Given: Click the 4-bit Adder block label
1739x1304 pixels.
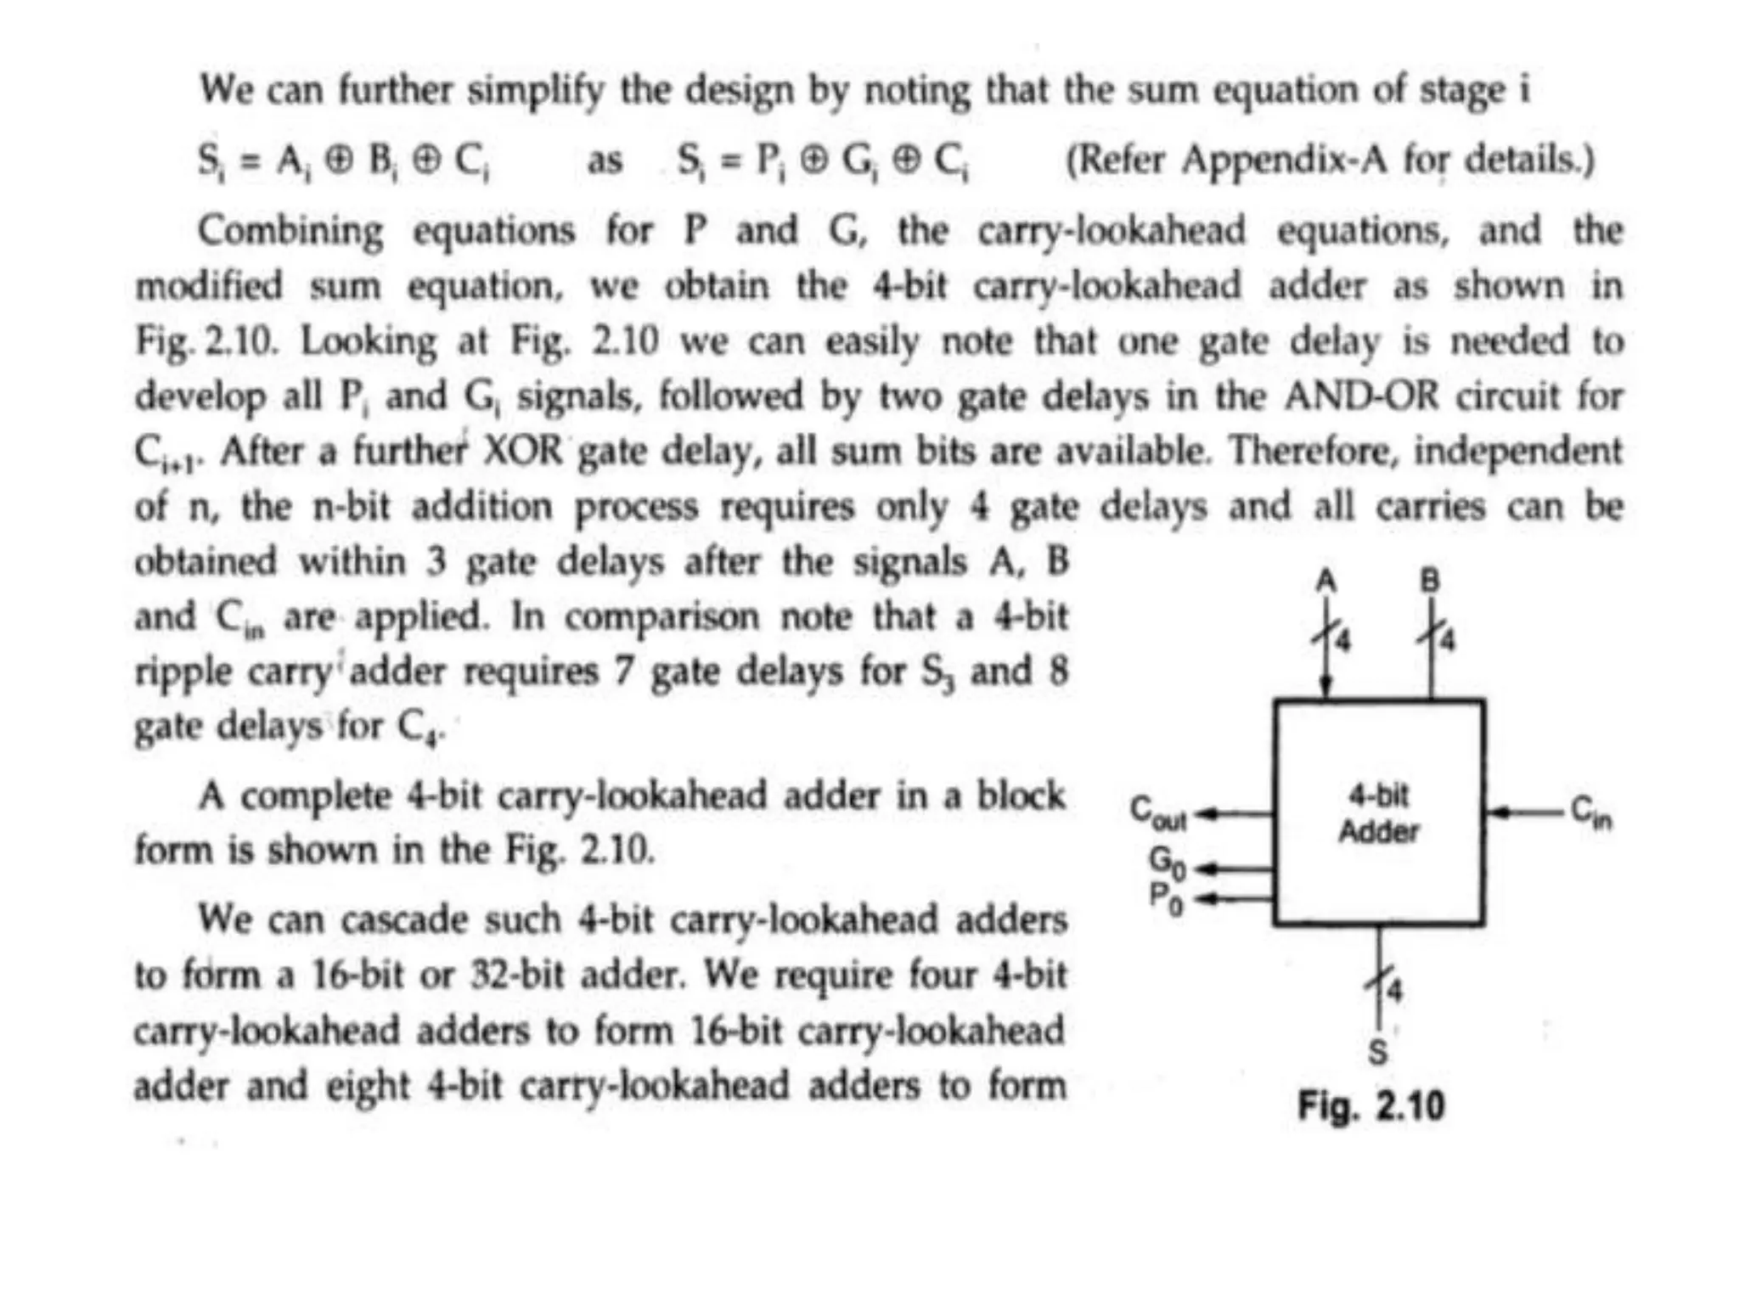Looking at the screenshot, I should point(1378,814).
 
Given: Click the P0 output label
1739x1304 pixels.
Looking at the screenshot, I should point(1165,898).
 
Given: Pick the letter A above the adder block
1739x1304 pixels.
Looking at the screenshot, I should point(1326,582).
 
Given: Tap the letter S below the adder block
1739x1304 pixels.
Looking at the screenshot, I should point(1378,1053).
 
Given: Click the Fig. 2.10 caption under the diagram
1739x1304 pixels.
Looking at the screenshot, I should point(1370,1106).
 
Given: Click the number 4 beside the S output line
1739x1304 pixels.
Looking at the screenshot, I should point(1396,991).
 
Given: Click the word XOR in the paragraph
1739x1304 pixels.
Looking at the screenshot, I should point(523,451).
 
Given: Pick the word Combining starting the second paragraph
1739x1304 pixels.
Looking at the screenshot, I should point(290,231).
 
